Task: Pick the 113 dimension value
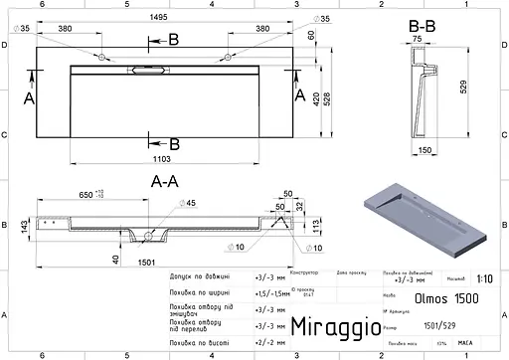(317, 225)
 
